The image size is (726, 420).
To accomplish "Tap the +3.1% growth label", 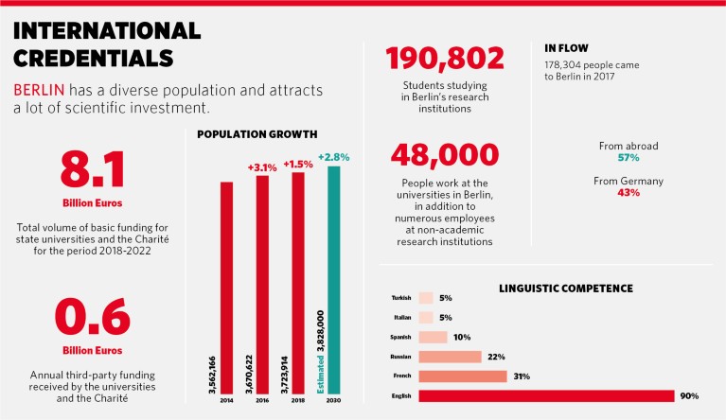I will (x=262, y=166).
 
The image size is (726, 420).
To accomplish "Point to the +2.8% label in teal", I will (x=333, y=156).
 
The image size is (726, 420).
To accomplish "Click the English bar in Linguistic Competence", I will (x=545, y=395).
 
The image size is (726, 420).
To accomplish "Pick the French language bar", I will (x=463, y=376).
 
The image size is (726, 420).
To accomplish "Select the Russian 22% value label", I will (x=494, y=357).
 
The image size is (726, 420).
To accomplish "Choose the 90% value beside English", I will (x=690, y=395).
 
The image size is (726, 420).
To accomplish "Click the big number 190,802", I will (x=444, y=59).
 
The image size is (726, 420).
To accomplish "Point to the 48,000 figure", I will (x=444, y=154).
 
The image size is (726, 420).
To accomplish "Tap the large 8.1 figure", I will (x=94, y=169).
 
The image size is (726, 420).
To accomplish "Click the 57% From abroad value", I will (x=628, y=158).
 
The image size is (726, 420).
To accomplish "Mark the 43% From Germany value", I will (x=628, y=192).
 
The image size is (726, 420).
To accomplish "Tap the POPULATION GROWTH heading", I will (x=257, y=133).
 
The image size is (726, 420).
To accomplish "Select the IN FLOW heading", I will (x=568, y=46).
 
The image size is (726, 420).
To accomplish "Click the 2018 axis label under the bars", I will (x=298, y=402).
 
